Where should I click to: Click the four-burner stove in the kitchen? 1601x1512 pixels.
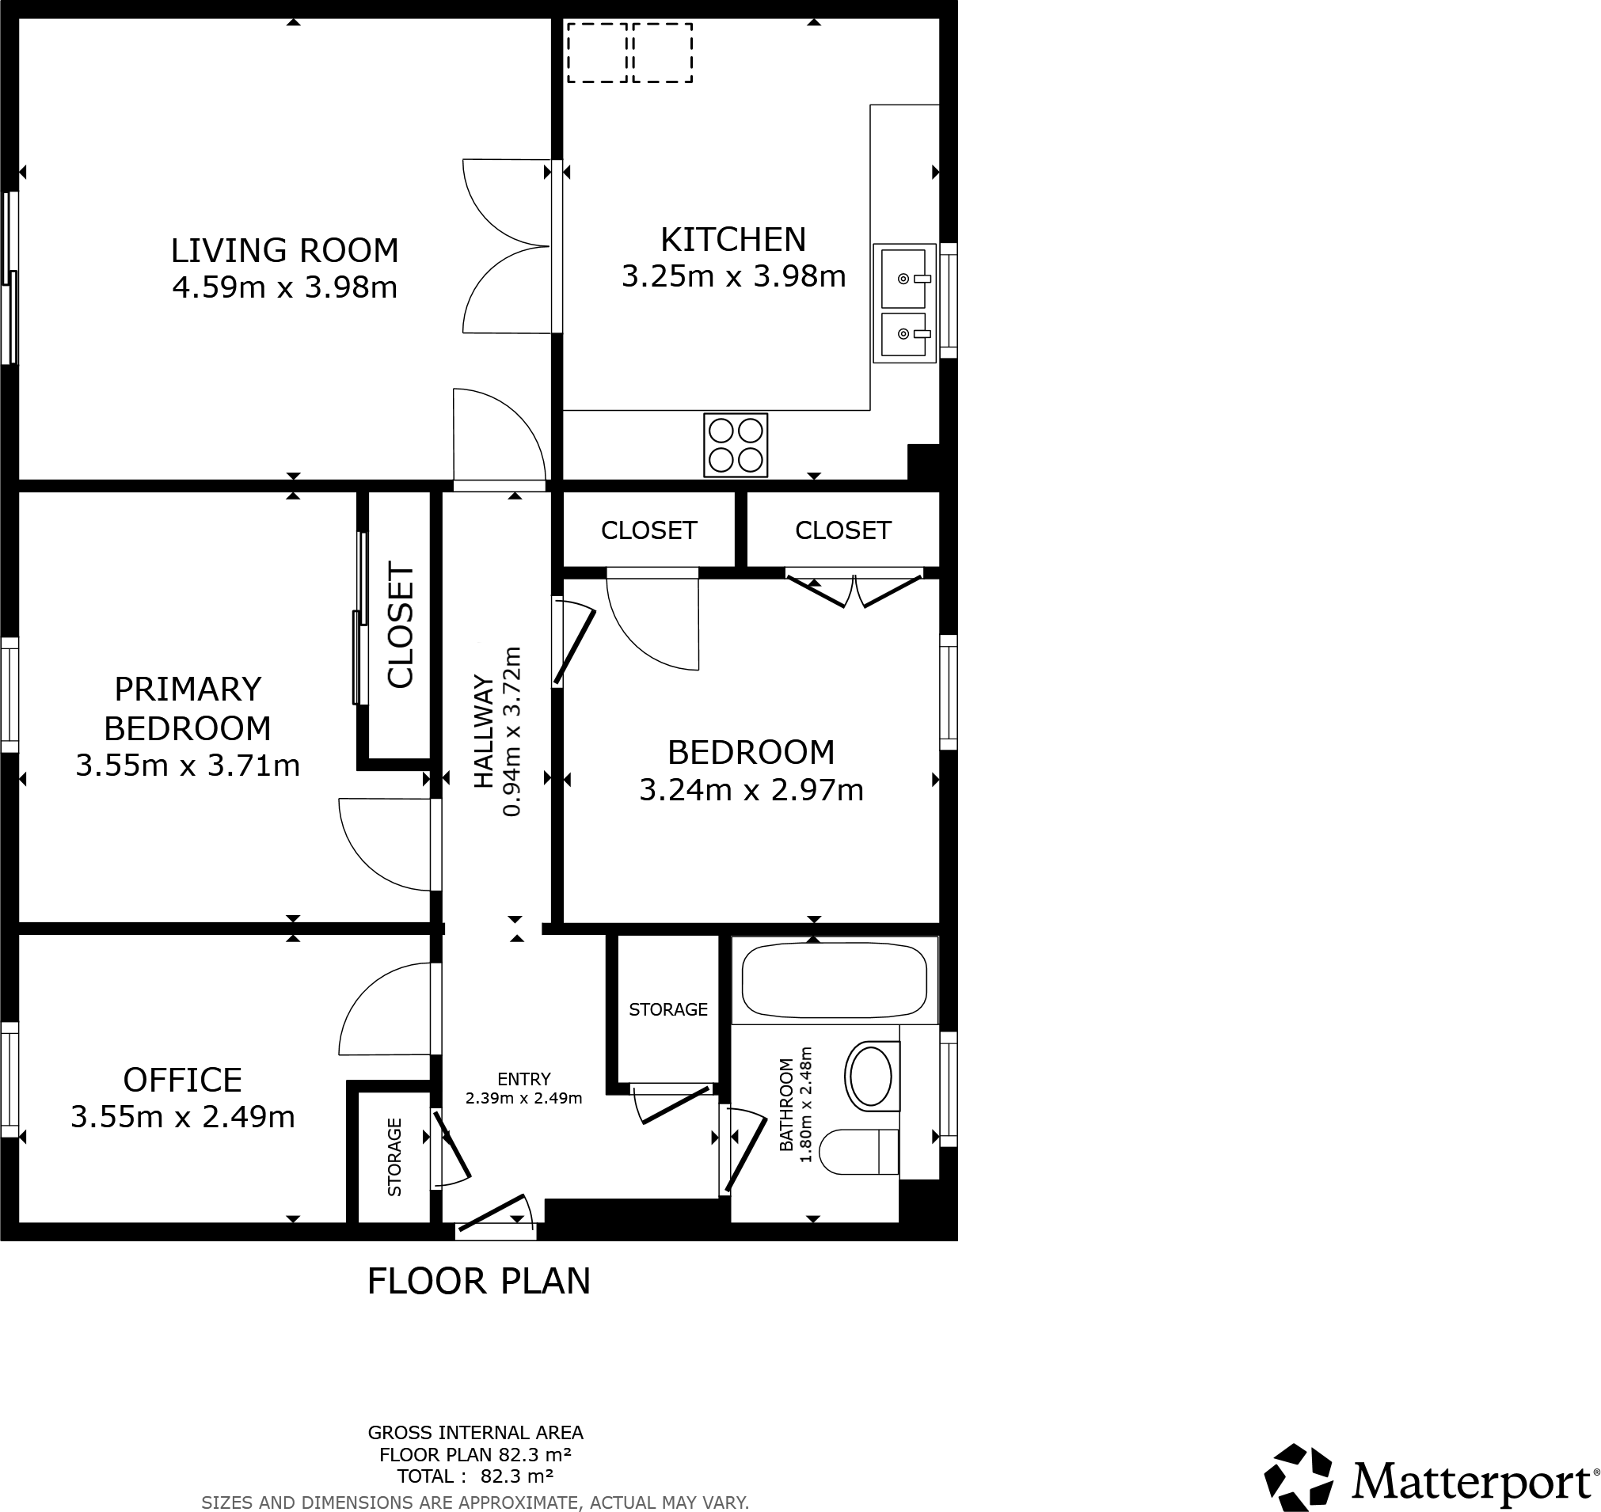[736, 445]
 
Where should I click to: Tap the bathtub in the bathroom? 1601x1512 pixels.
[835, 979]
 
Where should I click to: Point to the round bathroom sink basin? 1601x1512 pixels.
[871, 1076]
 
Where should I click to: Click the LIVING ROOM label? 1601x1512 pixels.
[284, 251]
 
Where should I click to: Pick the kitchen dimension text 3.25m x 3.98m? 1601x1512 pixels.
[732, 276]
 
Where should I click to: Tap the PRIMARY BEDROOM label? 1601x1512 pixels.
[187, 708]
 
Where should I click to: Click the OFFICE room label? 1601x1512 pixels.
[182, 1080]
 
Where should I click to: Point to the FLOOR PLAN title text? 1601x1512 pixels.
[479, 1281]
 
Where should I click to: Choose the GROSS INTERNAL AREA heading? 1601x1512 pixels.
[476, 1432]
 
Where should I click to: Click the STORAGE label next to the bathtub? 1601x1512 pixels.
[667, 1009]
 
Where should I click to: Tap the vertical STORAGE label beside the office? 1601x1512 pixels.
[394, 1157]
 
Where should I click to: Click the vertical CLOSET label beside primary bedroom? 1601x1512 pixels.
[401, 625]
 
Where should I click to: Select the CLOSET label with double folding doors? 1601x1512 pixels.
[842, 530]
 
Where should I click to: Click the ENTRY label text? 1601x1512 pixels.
[524, 1078]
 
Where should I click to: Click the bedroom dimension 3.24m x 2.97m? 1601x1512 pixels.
[751, 790]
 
